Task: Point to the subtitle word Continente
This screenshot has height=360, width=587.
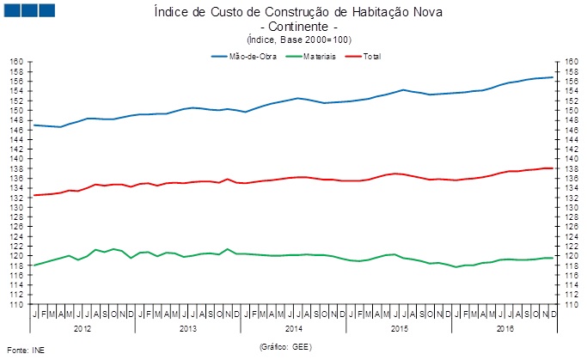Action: coord(293,27)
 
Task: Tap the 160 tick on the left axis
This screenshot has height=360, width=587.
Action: coord(16,62)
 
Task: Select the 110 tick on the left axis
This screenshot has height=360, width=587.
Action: coord(16,304)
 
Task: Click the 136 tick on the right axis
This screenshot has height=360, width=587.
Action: coord(572,179)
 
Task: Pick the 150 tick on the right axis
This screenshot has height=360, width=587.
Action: coord(572,111)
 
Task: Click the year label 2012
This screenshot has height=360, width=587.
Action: coord(83,328)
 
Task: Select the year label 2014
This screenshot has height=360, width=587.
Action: coord(293,328)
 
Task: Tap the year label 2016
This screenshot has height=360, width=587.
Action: coord(504,328)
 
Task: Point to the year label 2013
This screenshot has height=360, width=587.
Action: coord(188,328)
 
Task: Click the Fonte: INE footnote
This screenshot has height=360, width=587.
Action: coord(25,351)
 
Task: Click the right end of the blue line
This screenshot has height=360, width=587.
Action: coord(553,77)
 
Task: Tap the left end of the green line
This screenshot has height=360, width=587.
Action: coord(34,265)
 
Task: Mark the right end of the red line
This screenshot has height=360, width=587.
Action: coord(553,168)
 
